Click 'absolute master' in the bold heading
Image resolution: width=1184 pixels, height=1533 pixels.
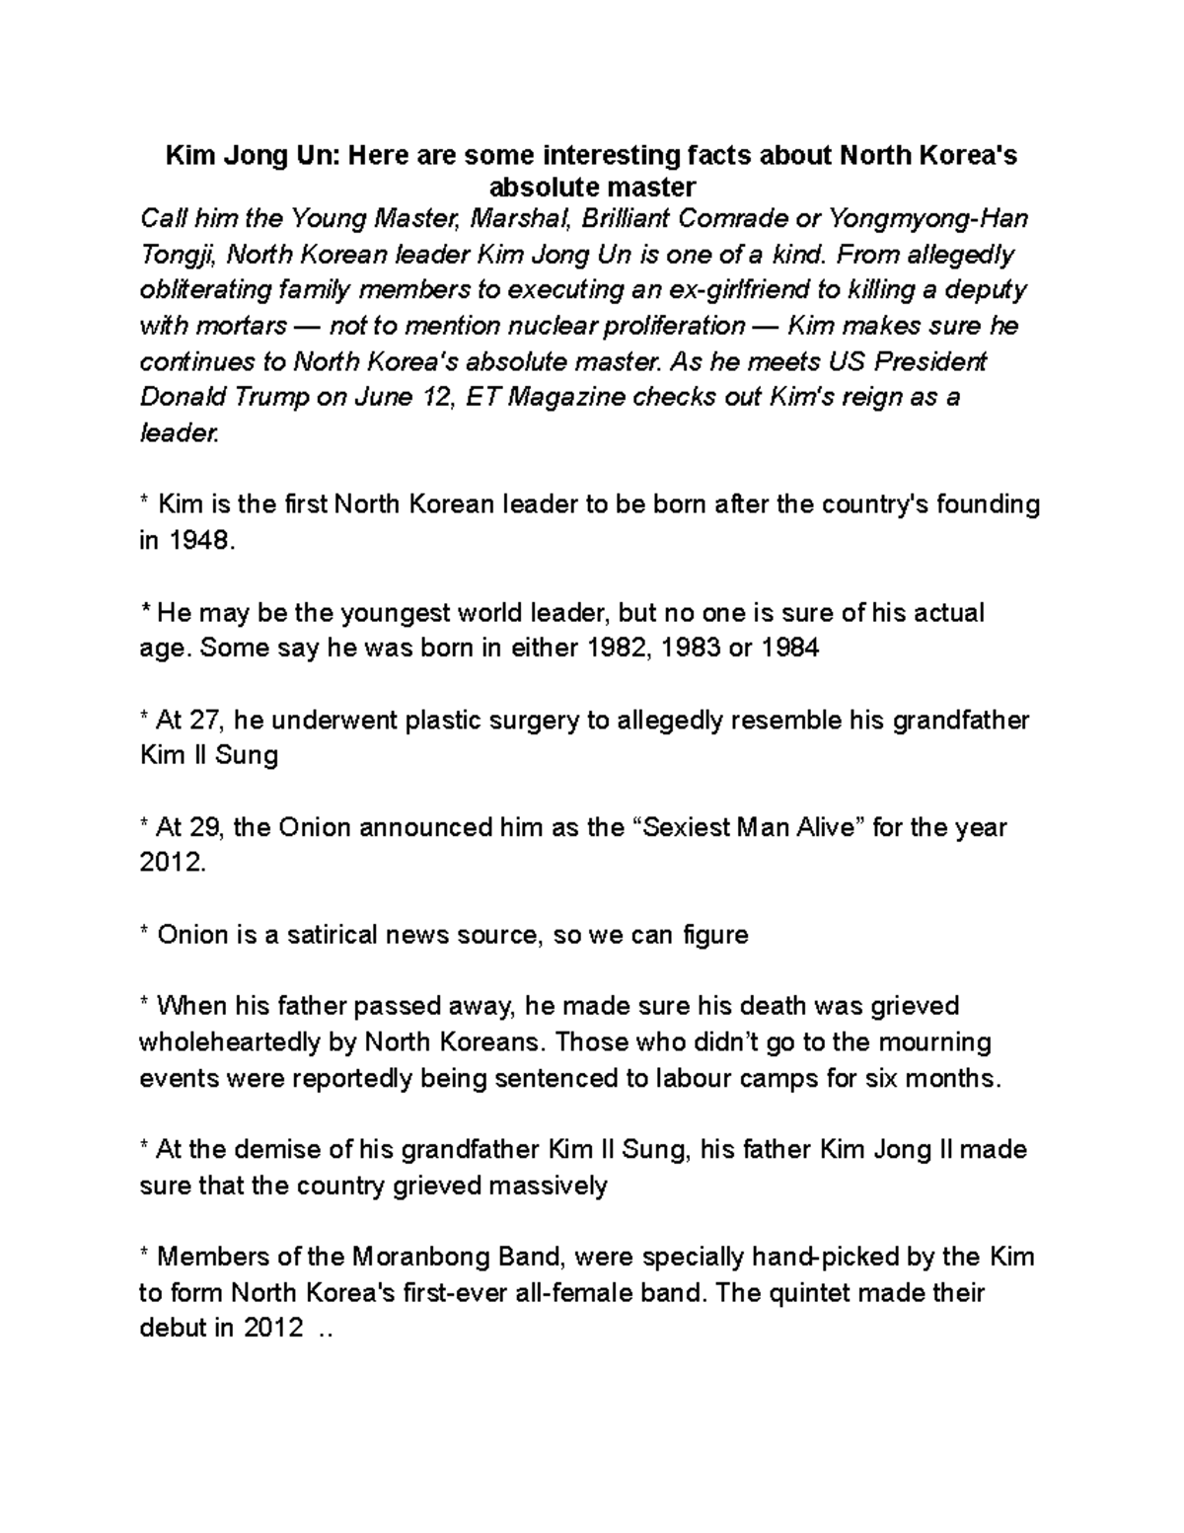[592, 187]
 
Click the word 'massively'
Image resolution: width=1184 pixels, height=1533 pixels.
[553, 1186]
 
